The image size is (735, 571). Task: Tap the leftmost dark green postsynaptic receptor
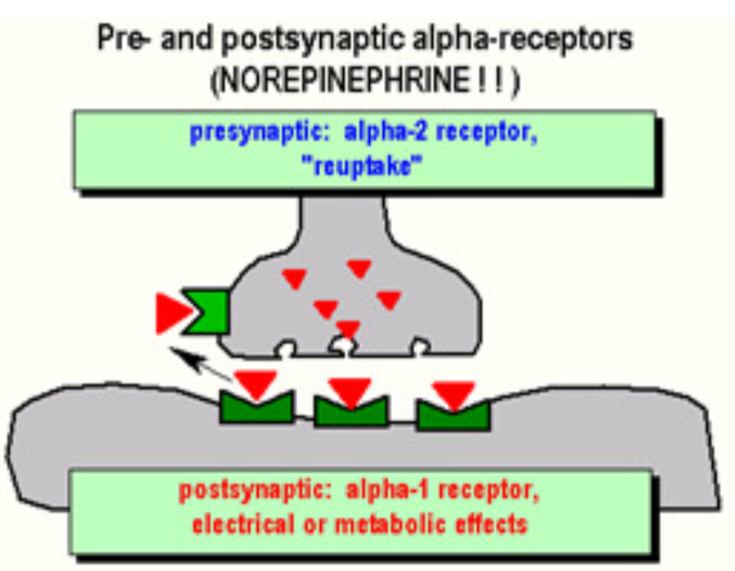(x=255, y=407)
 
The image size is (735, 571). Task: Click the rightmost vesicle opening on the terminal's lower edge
(x=421, y=345)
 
